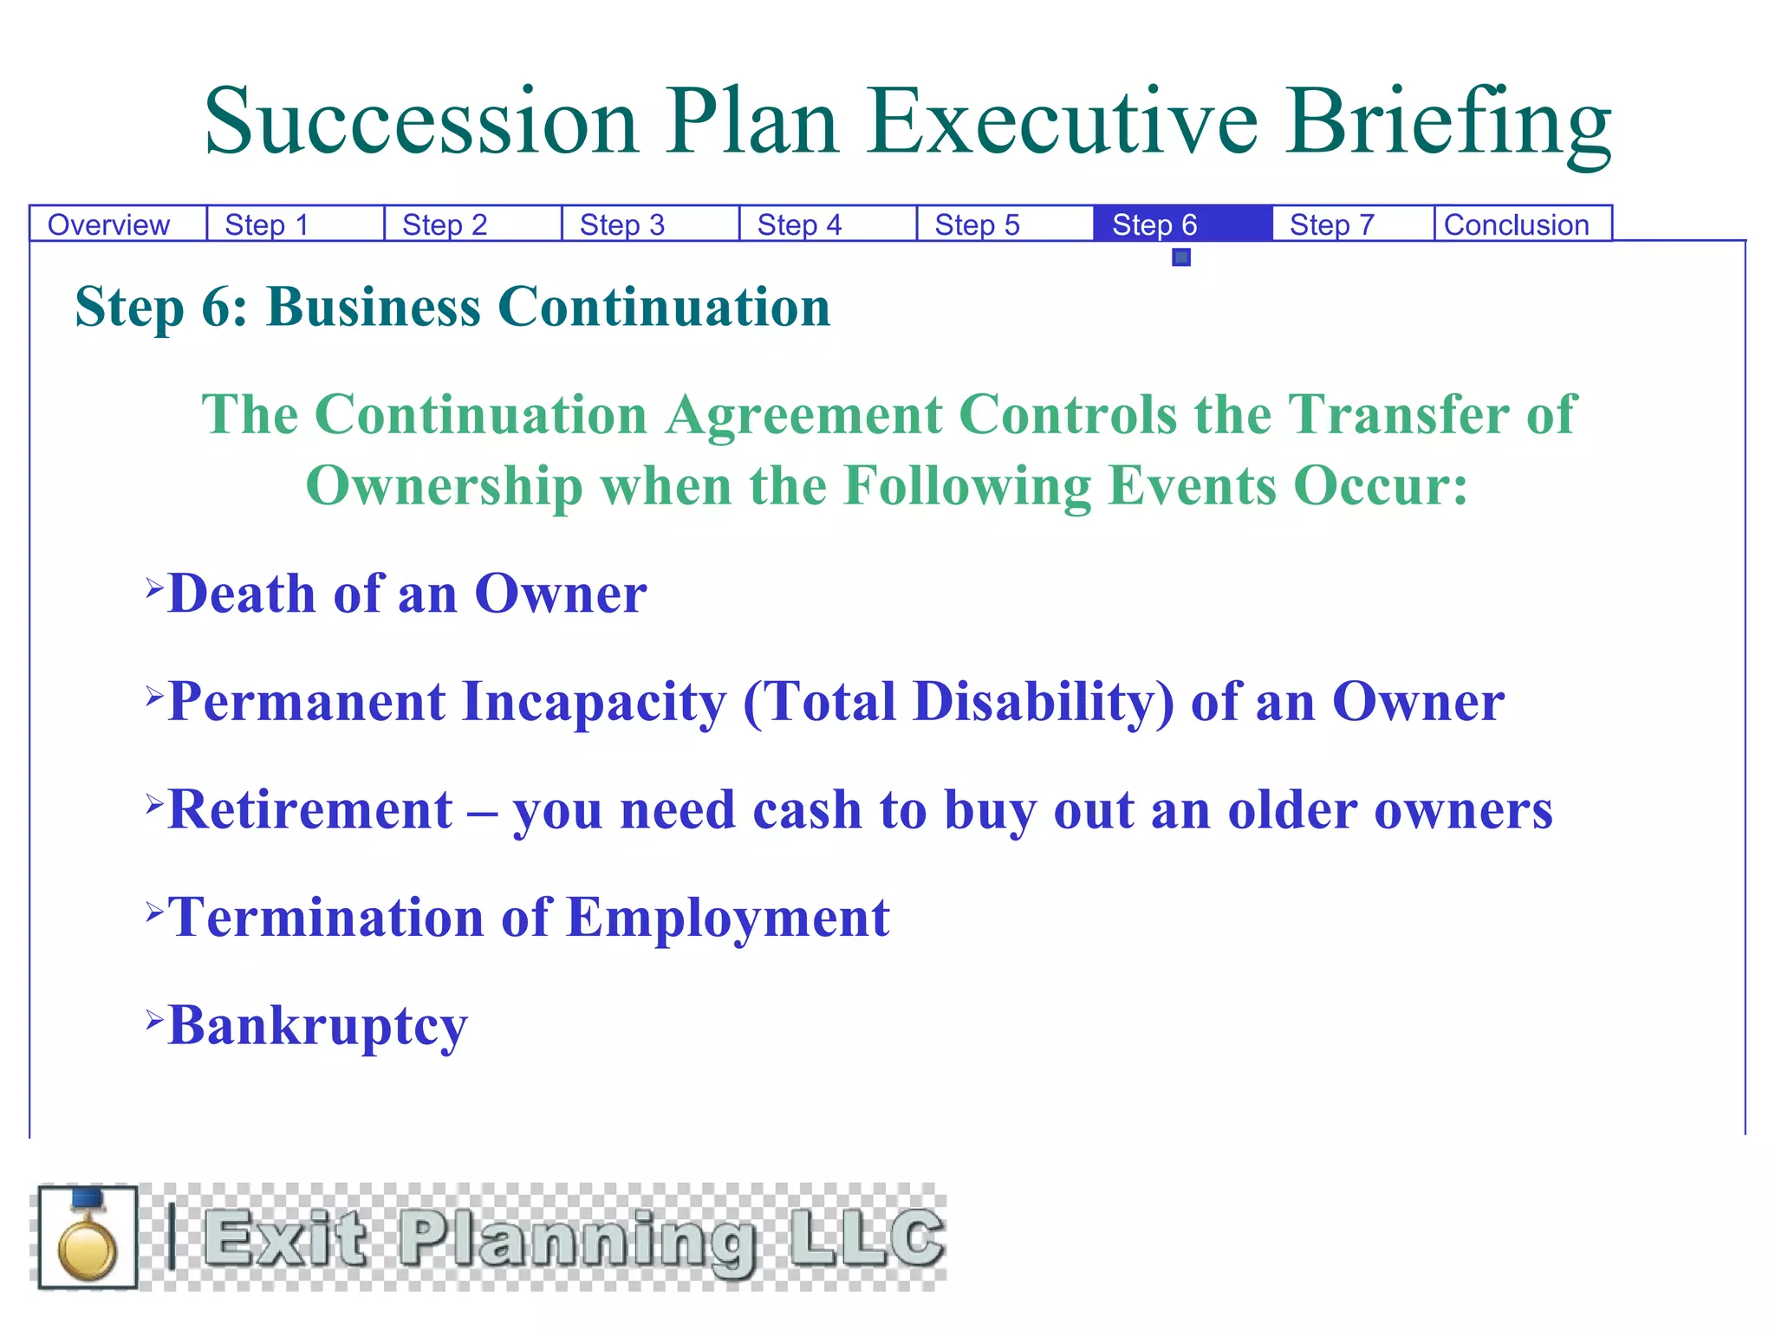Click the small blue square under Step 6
pos(1181,257)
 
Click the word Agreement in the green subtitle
pos(803,414)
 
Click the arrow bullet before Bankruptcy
pos(154,1018)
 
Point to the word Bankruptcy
pos(317,1027)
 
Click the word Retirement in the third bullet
pos(310,810)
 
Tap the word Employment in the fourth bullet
pos(728,919)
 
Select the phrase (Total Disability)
pos(959,702)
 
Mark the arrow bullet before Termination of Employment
pos(154,910)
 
